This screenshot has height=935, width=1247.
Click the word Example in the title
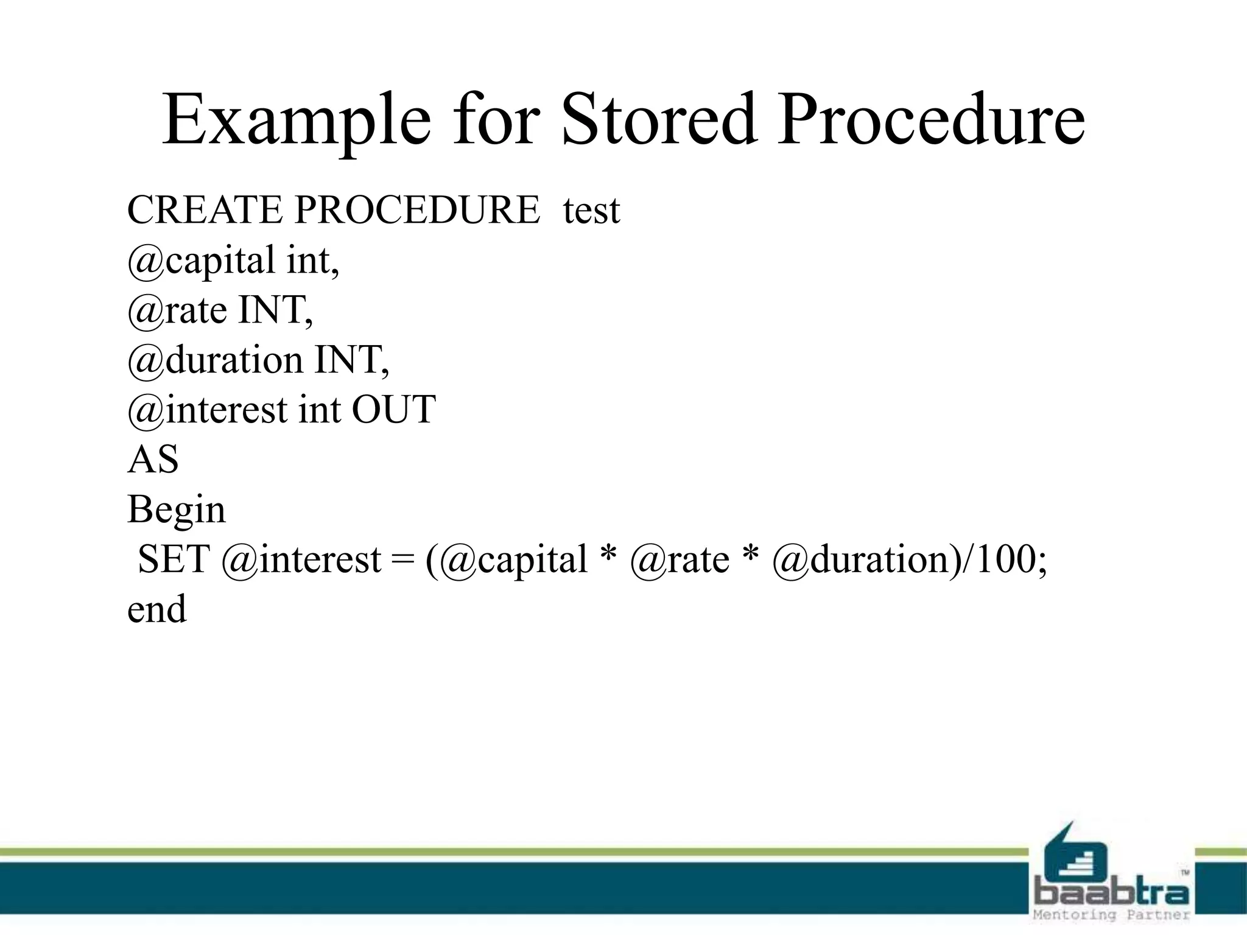(x=297, y=120)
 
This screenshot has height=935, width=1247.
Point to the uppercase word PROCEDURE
(x=417, y=210)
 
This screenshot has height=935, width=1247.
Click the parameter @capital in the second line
(x=201, y=261)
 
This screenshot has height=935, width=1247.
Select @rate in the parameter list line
(x=177, y=310)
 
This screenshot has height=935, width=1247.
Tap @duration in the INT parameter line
(x=214, y=360)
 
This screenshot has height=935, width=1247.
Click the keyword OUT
(x=393, y=410)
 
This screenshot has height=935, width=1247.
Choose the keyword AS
(x=153, y=460)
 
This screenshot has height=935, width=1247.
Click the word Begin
(x=176, y=510)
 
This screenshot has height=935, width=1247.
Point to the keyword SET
(x=174, y=559)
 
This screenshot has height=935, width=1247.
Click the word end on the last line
(x=156, y=609)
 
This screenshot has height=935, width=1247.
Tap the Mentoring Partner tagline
(x=1111, y=915)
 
